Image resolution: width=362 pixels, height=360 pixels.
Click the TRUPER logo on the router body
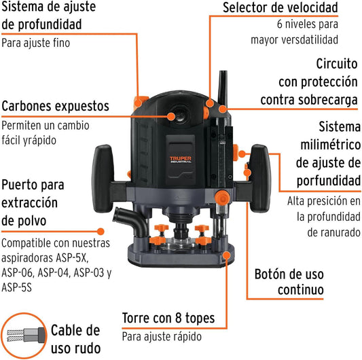(x=180, y=160)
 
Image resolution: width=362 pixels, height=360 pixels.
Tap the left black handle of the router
(x=103, y=178)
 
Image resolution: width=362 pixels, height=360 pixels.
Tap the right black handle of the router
(x=261, y=178)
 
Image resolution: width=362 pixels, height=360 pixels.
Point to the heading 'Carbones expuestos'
(x=55, y=106)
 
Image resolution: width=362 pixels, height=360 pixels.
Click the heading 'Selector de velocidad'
(x=280, y=7)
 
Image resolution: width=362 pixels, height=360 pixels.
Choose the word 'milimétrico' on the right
(x=331, y=145)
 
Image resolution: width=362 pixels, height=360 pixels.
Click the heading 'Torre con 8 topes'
(x=168, y=318)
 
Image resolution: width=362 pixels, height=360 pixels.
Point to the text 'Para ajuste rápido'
(x=162, y=337)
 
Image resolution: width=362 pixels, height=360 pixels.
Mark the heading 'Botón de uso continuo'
(x=289, y=282)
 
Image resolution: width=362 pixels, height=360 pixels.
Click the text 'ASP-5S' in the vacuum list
(x=16, y=287)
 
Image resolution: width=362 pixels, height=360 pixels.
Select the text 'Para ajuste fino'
(x=35, y=43)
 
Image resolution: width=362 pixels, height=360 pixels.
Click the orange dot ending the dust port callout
(x=101, y=232)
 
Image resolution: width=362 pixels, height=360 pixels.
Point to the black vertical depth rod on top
(x=223, y=88)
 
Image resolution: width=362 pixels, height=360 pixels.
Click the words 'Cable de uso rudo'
(x=75, y=339)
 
